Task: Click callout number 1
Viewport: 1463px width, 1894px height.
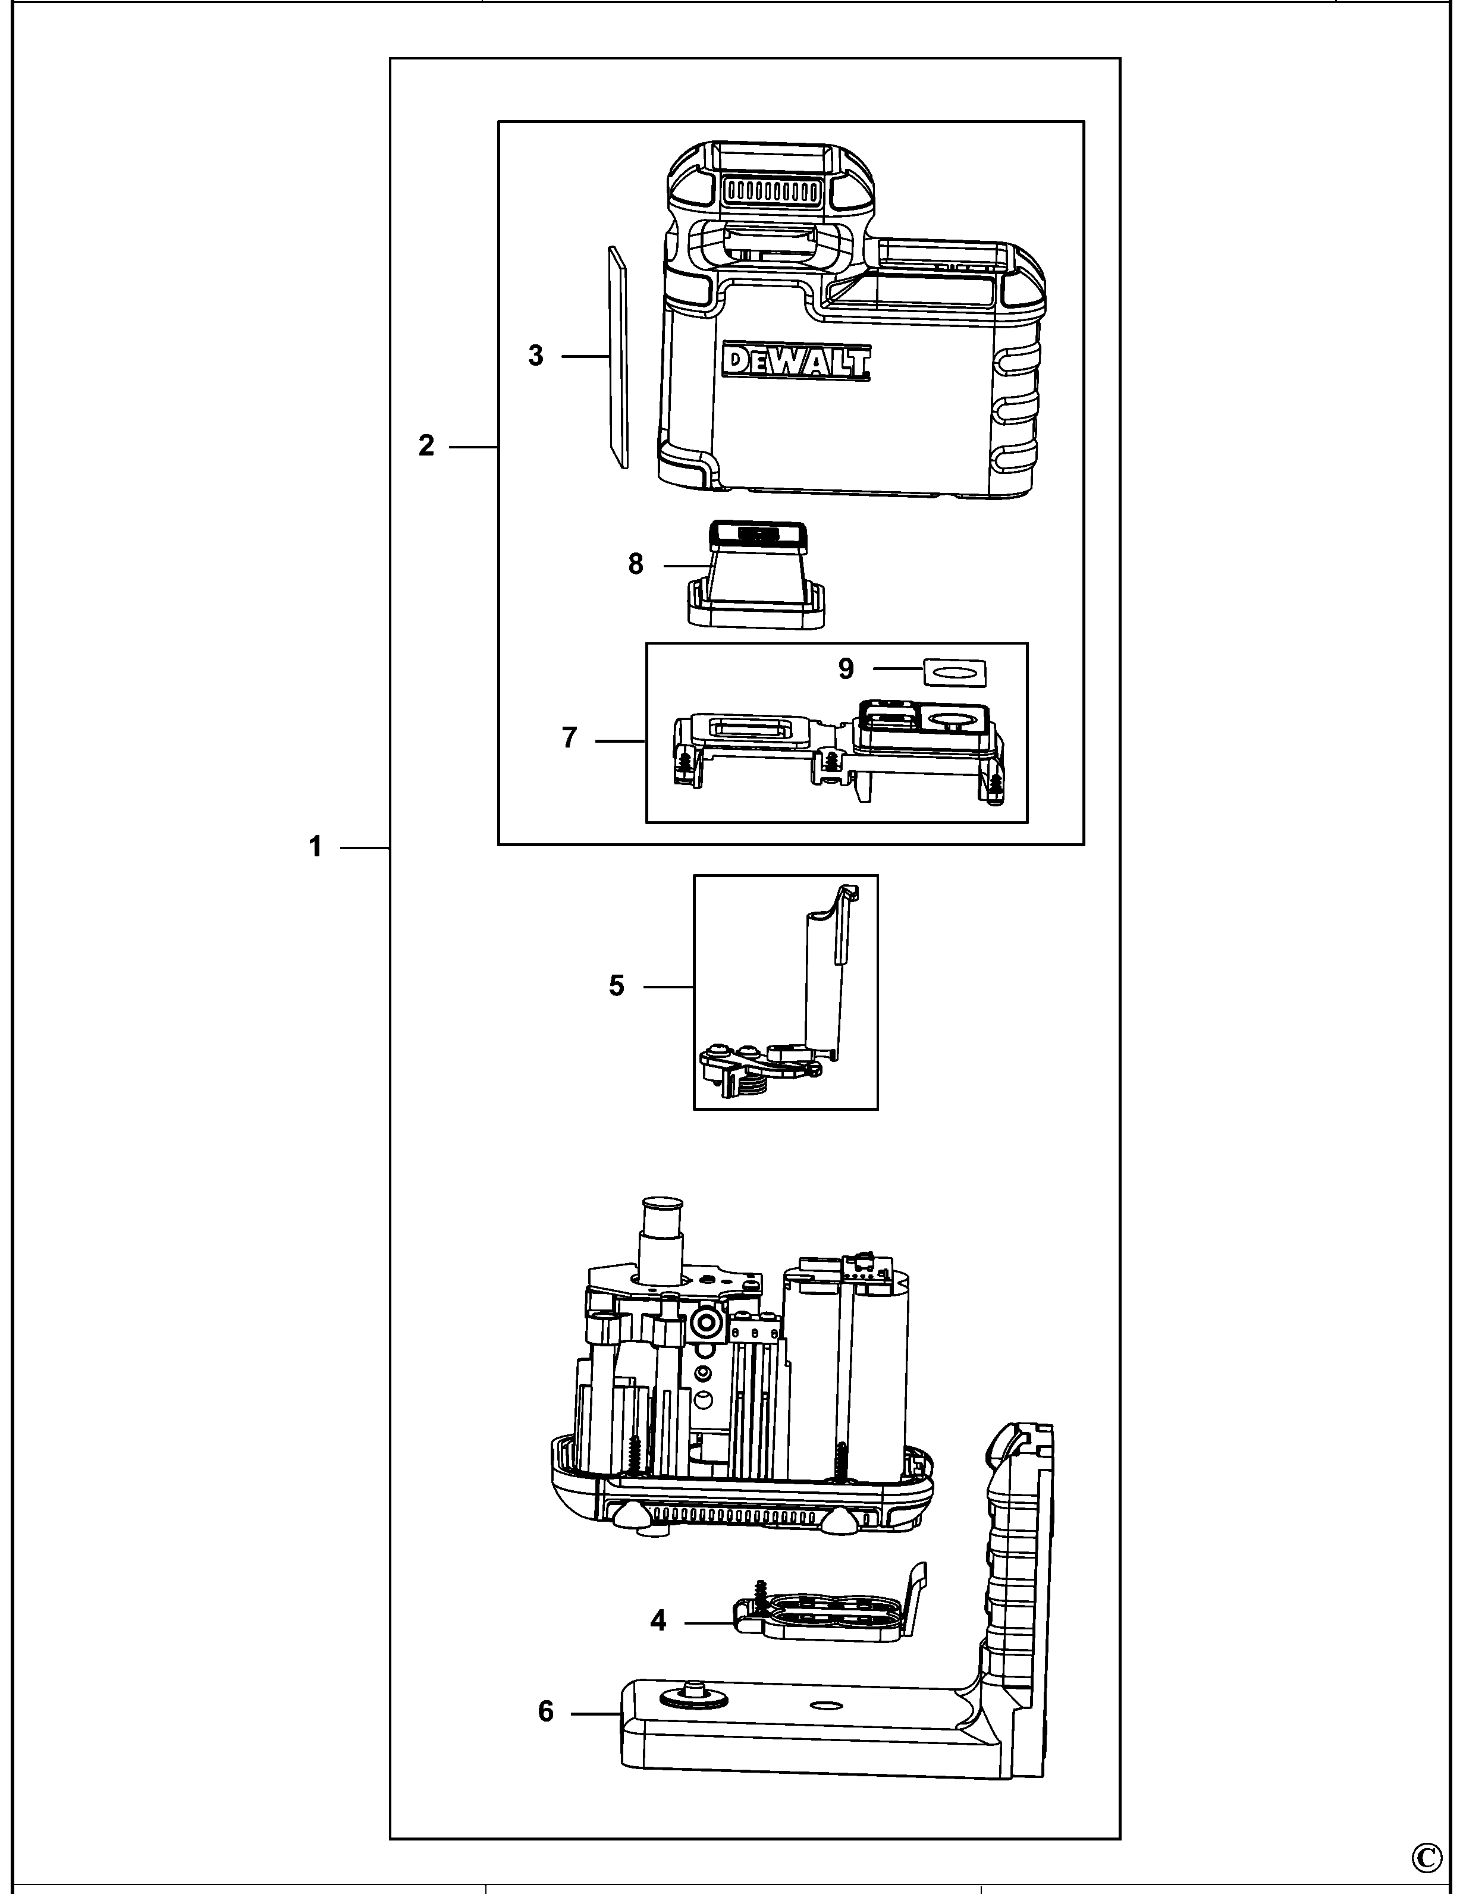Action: (x=316, y=846)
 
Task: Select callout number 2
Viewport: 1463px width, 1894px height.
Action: (x=426, y=446)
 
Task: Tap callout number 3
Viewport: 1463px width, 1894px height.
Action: (x=536, y=356)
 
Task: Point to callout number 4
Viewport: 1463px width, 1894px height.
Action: (x=658, y=1620)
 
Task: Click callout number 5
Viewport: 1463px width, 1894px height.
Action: (x=617, y=986)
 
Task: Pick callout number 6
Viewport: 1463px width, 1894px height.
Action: (x=545, y=1711)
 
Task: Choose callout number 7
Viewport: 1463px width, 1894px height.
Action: (x=569, y=739)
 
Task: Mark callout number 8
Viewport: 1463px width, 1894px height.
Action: (x=636, y=564)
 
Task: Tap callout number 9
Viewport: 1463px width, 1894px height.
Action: (x=846, y=668)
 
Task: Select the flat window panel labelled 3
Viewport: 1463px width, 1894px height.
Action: (x=617, y=356)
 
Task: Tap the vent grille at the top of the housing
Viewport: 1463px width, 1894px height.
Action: (x=771, y=190)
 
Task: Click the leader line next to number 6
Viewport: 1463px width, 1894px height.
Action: (x=594, y=1713)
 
